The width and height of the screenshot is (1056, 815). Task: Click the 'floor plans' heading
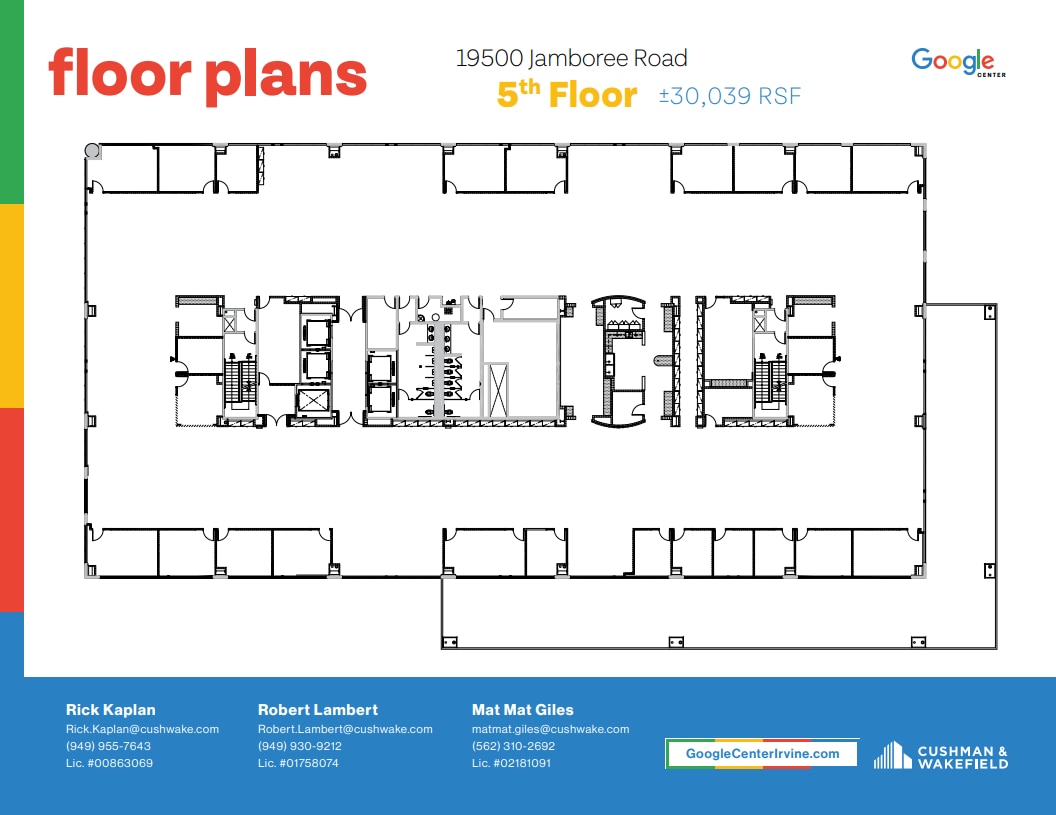tap(208, 74)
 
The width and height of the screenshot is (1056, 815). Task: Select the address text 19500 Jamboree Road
tap(571, 59)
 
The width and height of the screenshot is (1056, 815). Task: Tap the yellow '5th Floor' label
tap(567, 95)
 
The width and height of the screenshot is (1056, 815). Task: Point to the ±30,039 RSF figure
tap(730, 96)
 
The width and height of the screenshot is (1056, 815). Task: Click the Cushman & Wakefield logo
tap(941, 756)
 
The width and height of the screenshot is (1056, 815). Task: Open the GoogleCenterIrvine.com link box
tap(762, 753)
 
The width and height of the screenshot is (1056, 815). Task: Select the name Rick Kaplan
tap(110, 710)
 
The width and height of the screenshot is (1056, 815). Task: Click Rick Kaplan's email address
tap(142, 729)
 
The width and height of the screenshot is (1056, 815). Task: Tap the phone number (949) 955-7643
tap(108, 746)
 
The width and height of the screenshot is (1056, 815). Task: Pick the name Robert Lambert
tap(317, 710)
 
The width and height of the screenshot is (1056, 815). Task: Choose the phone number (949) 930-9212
tap(300, 746)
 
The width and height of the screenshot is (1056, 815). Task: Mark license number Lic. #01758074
tap(298, 763)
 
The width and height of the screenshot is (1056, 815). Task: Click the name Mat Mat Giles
tap(522, 710)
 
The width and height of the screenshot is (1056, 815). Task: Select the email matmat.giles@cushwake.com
tap(550, 729)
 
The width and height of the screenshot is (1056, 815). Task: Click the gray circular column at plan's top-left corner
tap(92, 151)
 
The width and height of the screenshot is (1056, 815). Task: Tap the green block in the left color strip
tap(11, 100)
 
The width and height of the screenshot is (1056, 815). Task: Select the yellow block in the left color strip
tap(11, 305)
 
